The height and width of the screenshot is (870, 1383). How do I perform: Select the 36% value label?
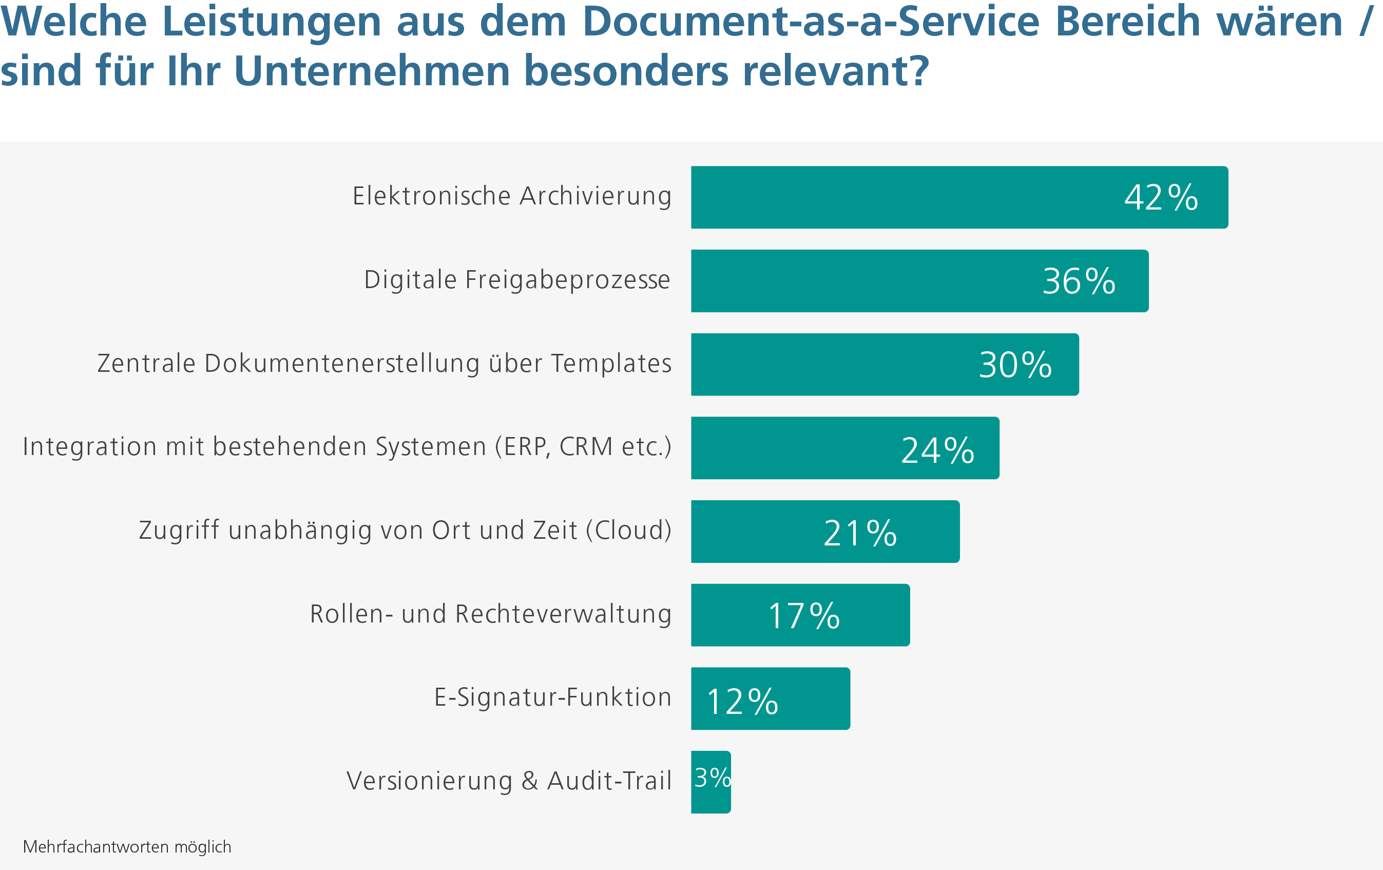(1079, 281)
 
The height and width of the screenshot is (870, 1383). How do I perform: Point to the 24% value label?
(937, 450)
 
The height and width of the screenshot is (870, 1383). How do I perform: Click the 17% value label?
(804, 616)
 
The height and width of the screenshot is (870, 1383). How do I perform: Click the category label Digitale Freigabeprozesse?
(517, 280)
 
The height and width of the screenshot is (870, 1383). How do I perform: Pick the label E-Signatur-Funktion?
(552, 697)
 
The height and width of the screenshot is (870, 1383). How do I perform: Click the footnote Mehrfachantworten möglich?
(127, 846)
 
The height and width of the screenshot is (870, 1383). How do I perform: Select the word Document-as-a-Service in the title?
(811, 22)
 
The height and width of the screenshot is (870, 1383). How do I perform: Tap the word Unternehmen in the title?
(372, 71)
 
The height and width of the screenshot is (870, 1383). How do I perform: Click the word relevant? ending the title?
(836, 71)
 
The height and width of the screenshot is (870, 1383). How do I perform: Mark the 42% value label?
(1161, 198)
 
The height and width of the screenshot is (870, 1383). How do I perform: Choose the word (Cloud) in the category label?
(629, 530)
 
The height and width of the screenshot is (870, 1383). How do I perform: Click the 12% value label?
(742, 702)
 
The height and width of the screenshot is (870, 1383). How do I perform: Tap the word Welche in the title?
(74, 22)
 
